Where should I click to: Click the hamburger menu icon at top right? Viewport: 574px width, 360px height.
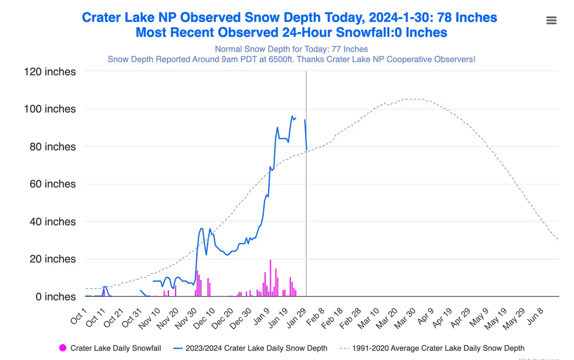click(551, 20)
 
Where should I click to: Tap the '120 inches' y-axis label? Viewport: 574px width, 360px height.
click(50, 72)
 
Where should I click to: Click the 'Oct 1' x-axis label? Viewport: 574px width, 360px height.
click(79, 316)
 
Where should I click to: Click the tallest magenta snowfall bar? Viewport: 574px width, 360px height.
click(270, 278)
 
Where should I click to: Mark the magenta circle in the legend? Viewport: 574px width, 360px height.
click(62, 348)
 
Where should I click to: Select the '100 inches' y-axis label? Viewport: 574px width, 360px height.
click(50, 109)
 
